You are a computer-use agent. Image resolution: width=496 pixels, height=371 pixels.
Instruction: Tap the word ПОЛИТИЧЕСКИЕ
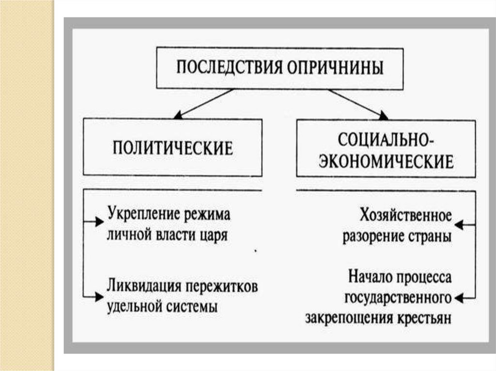tap(173, 147)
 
